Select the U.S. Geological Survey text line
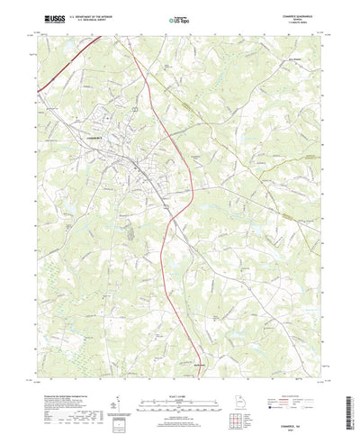point(91,18)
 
